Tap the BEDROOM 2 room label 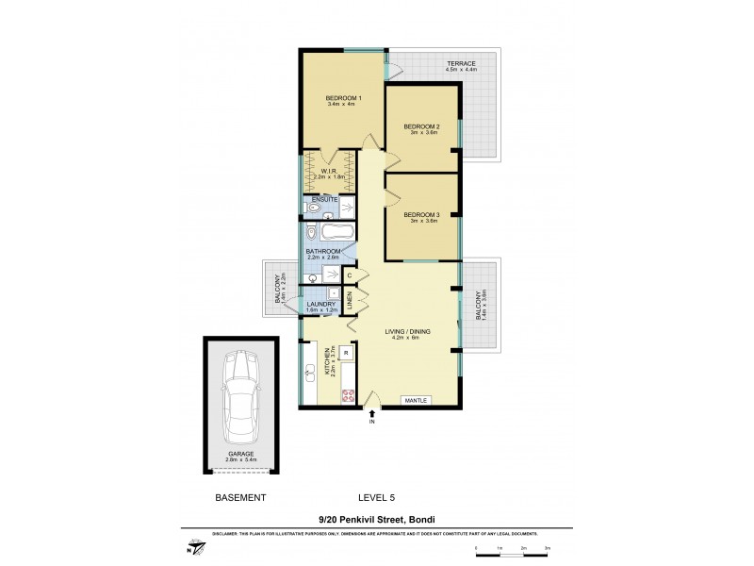tap(421, 126)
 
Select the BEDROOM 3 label tap(421, 214)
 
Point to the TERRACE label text tap(462, 64)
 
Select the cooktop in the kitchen tap(348, 396)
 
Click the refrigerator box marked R tap(347, 353)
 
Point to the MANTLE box tap(417, 401)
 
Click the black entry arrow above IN tap(373, 412)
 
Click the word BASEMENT tap(240, 497)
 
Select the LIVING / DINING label tap(407, 333)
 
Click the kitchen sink tap(310, 372)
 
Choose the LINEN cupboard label tap(349, 302)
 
